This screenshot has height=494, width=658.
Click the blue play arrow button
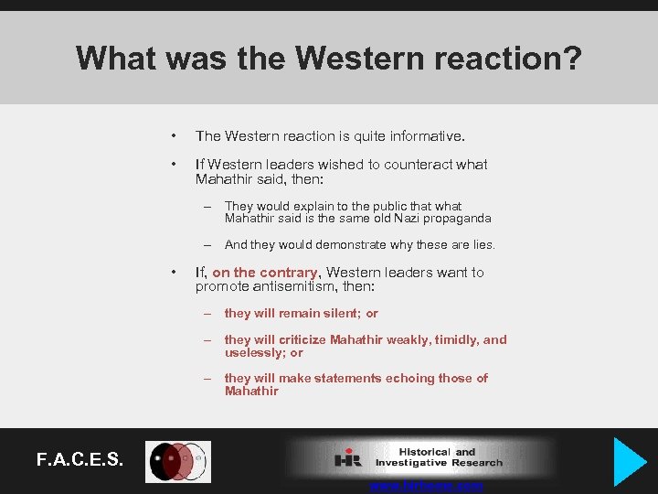click(x=630, y=462)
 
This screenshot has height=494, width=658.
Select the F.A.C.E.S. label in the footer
click(x=80, y=458)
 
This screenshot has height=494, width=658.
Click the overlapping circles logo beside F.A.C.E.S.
click(x=179, y=461)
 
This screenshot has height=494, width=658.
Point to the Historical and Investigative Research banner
click(x=420, y=456)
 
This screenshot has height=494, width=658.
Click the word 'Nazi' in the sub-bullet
click(x=386, y=219)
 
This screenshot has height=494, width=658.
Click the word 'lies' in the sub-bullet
click(x=482, y=244)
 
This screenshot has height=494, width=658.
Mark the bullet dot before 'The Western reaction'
click(x=173, y=136)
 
